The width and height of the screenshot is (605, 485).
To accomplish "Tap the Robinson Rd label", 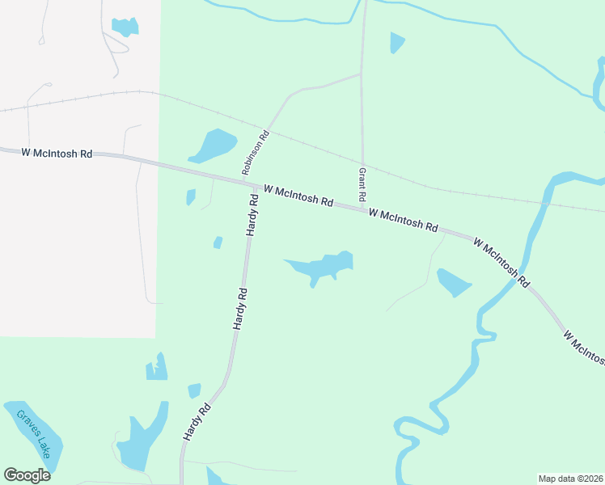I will [253, 154].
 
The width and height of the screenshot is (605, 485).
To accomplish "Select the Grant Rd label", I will [362, 186].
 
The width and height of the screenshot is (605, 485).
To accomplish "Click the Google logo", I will [27, 474].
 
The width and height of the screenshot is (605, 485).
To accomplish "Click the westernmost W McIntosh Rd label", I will [57, 153].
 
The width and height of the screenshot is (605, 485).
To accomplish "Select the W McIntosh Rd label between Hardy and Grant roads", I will [298, 196].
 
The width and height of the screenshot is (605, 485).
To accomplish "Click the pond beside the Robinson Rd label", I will [213, 145].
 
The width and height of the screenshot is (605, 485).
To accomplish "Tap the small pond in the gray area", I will [125, 27].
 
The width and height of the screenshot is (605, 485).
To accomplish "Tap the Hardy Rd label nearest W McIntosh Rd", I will [252, 219].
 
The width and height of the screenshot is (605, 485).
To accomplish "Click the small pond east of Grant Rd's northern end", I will [396, 42].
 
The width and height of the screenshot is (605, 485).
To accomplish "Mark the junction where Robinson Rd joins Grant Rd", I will [361, 74].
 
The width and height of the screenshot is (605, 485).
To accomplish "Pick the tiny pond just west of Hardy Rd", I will [218, 242].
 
